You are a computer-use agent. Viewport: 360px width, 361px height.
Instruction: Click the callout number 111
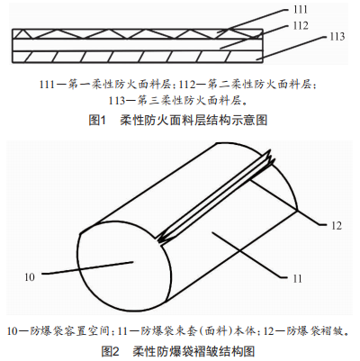[301, 10]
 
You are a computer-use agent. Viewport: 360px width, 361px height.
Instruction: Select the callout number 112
[301, 25]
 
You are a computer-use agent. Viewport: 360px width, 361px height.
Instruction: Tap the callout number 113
[337, 37]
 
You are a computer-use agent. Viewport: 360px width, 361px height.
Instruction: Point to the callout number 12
[337, 226]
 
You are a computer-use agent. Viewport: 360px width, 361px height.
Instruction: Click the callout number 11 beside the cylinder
[297, 279]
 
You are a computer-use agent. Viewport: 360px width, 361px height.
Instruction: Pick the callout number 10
[30, 277]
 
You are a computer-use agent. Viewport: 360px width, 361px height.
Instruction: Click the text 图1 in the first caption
[98, 121]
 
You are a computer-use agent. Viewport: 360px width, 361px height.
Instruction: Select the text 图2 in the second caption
[111, 351]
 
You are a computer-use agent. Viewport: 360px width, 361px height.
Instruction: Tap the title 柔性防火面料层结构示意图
[193, 121]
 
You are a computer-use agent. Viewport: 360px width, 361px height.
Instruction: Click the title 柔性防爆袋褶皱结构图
[193, 351]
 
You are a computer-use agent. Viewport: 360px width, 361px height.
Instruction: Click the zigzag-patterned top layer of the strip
[138, 33]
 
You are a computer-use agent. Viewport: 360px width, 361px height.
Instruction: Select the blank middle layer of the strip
[138, 45]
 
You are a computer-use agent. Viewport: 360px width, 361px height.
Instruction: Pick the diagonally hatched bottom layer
[138, 57]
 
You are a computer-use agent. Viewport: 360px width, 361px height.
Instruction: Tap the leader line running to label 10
[87, 268]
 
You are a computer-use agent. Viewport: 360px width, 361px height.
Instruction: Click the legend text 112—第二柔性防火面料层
[247, 85]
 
